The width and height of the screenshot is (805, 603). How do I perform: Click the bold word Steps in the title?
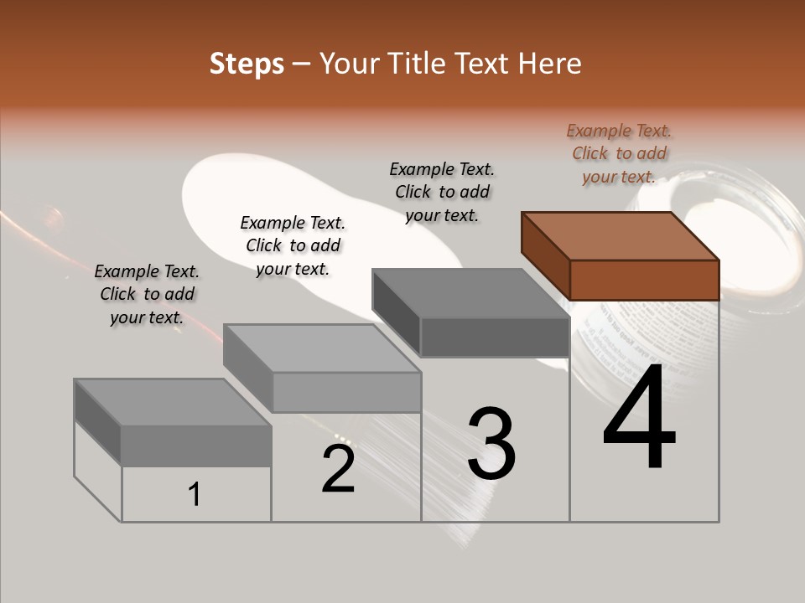(247, 64)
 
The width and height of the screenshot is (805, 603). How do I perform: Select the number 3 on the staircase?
(491, 444)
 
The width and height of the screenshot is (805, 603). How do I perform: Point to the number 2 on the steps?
(339, 469)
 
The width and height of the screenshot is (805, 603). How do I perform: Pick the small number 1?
(195, 494)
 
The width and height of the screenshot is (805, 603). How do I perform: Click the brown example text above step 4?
(619, 153)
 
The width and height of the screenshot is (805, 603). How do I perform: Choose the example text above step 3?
(442, 192)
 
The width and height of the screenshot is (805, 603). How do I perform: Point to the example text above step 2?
(293, 245)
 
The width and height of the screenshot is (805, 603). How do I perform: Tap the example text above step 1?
(147, 294)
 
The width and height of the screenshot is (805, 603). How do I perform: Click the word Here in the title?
(550, 64)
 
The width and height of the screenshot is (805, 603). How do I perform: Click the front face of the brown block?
(644, 280)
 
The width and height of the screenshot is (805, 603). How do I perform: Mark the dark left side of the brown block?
(545, 255)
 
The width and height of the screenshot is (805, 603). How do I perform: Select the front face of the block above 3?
(495, 337)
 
